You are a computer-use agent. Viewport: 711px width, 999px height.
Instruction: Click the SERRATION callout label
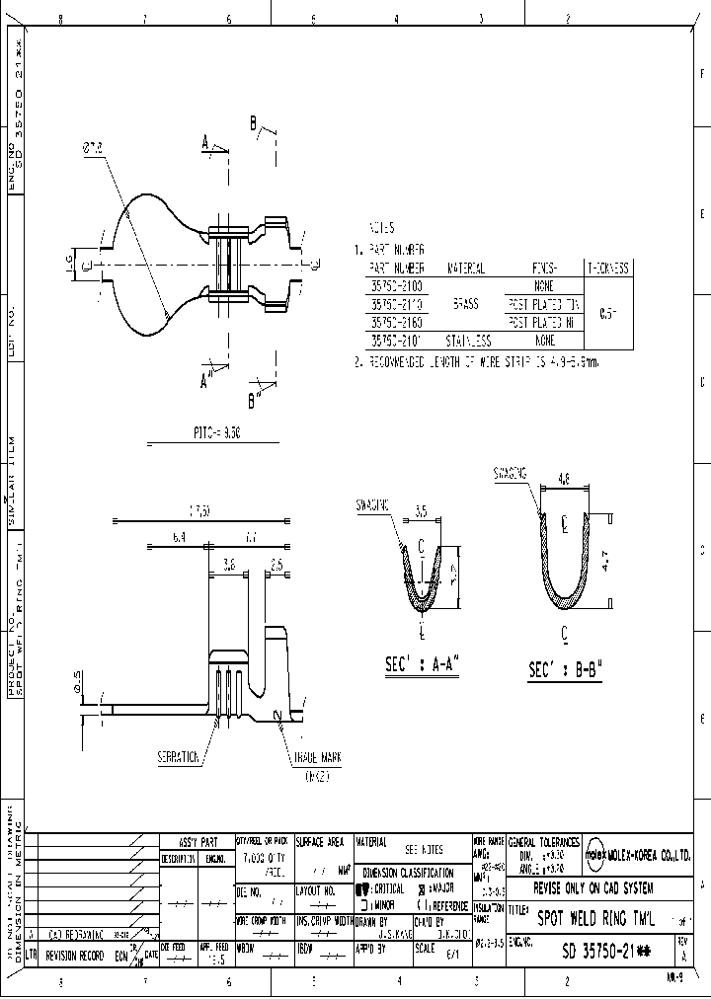coord(178,758)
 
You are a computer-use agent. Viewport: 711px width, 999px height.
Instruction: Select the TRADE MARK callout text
coord(317,758)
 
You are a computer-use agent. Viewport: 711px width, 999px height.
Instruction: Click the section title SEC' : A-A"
coord(423,666)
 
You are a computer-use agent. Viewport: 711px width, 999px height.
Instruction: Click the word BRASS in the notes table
coord(464,304)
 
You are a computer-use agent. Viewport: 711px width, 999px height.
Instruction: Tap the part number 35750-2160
coord(397,322)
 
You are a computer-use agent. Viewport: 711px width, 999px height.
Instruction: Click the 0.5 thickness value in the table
coord(608,313)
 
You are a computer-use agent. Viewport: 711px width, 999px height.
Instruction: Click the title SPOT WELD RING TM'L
coord(595,917)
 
